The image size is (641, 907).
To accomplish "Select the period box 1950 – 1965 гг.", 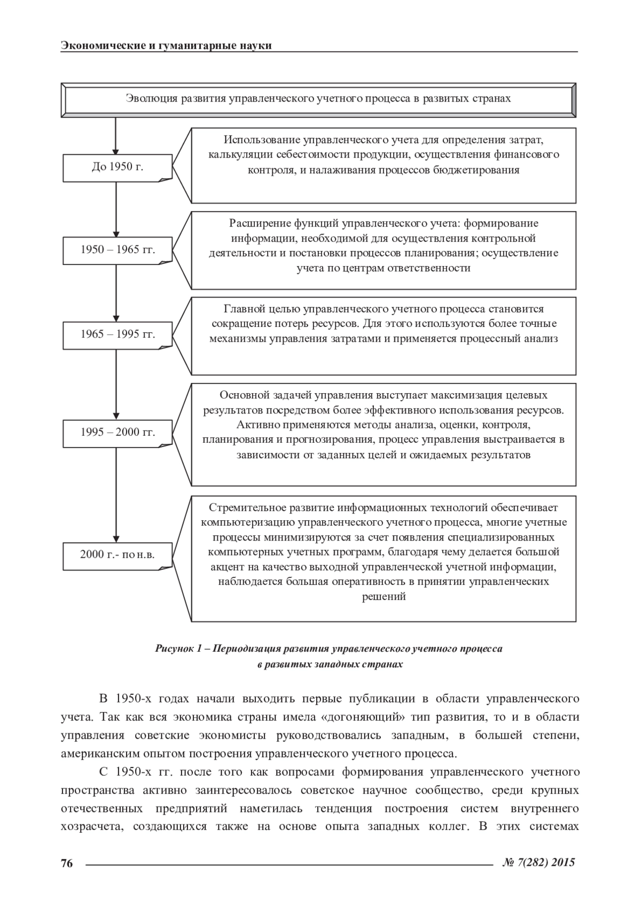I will (x=118, y=250).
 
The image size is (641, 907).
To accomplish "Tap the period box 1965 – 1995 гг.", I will (x=118, y=335).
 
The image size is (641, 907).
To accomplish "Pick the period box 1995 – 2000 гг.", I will (x=118, y=433).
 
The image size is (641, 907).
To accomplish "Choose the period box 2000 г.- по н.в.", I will (x=118, y=555).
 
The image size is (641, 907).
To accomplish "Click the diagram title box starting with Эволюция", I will (x=318, y=99).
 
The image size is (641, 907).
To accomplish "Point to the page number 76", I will (x=67, y=863).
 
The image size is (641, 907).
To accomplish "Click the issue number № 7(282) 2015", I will (x=539, y=862).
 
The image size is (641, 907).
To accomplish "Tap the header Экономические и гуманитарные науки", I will (x=166, y=45).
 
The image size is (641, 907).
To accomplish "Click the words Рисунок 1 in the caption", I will (x=178, y=649).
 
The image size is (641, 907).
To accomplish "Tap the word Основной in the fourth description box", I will (x=243, y=396).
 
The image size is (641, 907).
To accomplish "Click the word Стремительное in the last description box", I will (x=246, y=507).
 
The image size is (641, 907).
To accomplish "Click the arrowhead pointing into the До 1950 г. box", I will (x=116, y=151).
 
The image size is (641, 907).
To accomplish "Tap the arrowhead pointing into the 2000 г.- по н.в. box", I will (x=116, y=539).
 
